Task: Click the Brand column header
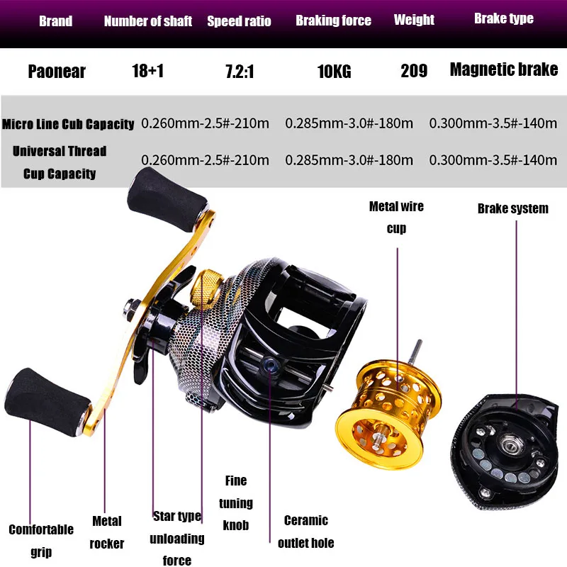click(55, 21)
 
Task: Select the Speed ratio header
click(239, 21)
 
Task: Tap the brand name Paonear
click(57, 70)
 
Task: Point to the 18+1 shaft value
click(147, 70)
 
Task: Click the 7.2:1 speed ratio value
click(239, 70)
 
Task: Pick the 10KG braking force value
click(333, 71)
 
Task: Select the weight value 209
click(413, 70)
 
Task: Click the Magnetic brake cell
click(503, 69)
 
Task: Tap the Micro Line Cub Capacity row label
click(68, 124)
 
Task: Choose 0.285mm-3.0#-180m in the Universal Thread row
click(349, 160)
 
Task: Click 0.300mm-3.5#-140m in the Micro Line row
click(493, 123)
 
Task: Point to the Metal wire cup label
click(396, 217)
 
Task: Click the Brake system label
click(512, 208)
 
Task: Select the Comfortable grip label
click(41, 539)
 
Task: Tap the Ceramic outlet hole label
click(305, 531)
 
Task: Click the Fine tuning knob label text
click(235, 503)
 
